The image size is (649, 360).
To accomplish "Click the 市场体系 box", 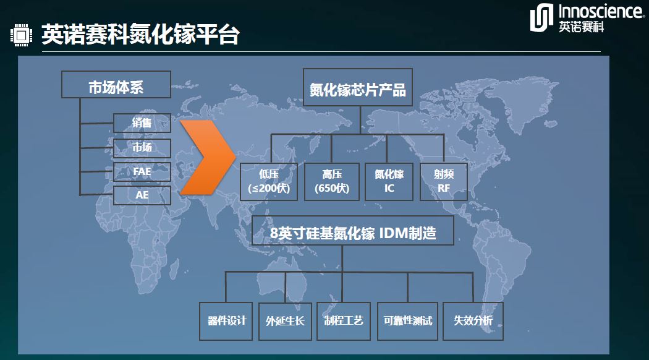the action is [116, 85].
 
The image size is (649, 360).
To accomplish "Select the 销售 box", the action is [142, 123].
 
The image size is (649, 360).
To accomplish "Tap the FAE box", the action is [142, 171].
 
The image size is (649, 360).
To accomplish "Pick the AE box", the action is [142, 195].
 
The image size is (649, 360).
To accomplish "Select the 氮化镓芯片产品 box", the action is [358, 87].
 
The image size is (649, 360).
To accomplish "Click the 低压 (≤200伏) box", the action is [269, 181].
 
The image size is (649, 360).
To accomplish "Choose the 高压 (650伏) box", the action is [332, 181].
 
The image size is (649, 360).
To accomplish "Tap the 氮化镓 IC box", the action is [389, 181].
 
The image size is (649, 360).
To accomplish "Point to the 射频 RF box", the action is [444, 181].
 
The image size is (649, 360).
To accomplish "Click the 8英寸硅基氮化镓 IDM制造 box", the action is [353, 230].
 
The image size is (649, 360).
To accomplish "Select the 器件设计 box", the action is [226, 321].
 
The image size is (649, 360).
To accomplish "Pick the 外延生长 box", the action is [285, 321].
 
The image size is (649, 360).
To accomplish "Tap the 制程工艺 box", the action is [344, 321].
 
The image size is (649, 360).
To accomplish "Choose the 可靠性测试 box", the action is [408, 321].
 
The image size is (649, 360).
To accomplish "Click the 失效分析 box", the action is [473, 321].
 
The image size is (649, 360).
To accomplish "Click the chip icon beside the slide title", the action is [21, 35].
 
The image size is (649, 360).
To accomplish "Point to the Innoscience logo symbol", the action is [541, 18].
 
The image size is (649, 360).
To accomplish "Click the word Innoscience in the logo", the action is [601, 11].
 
